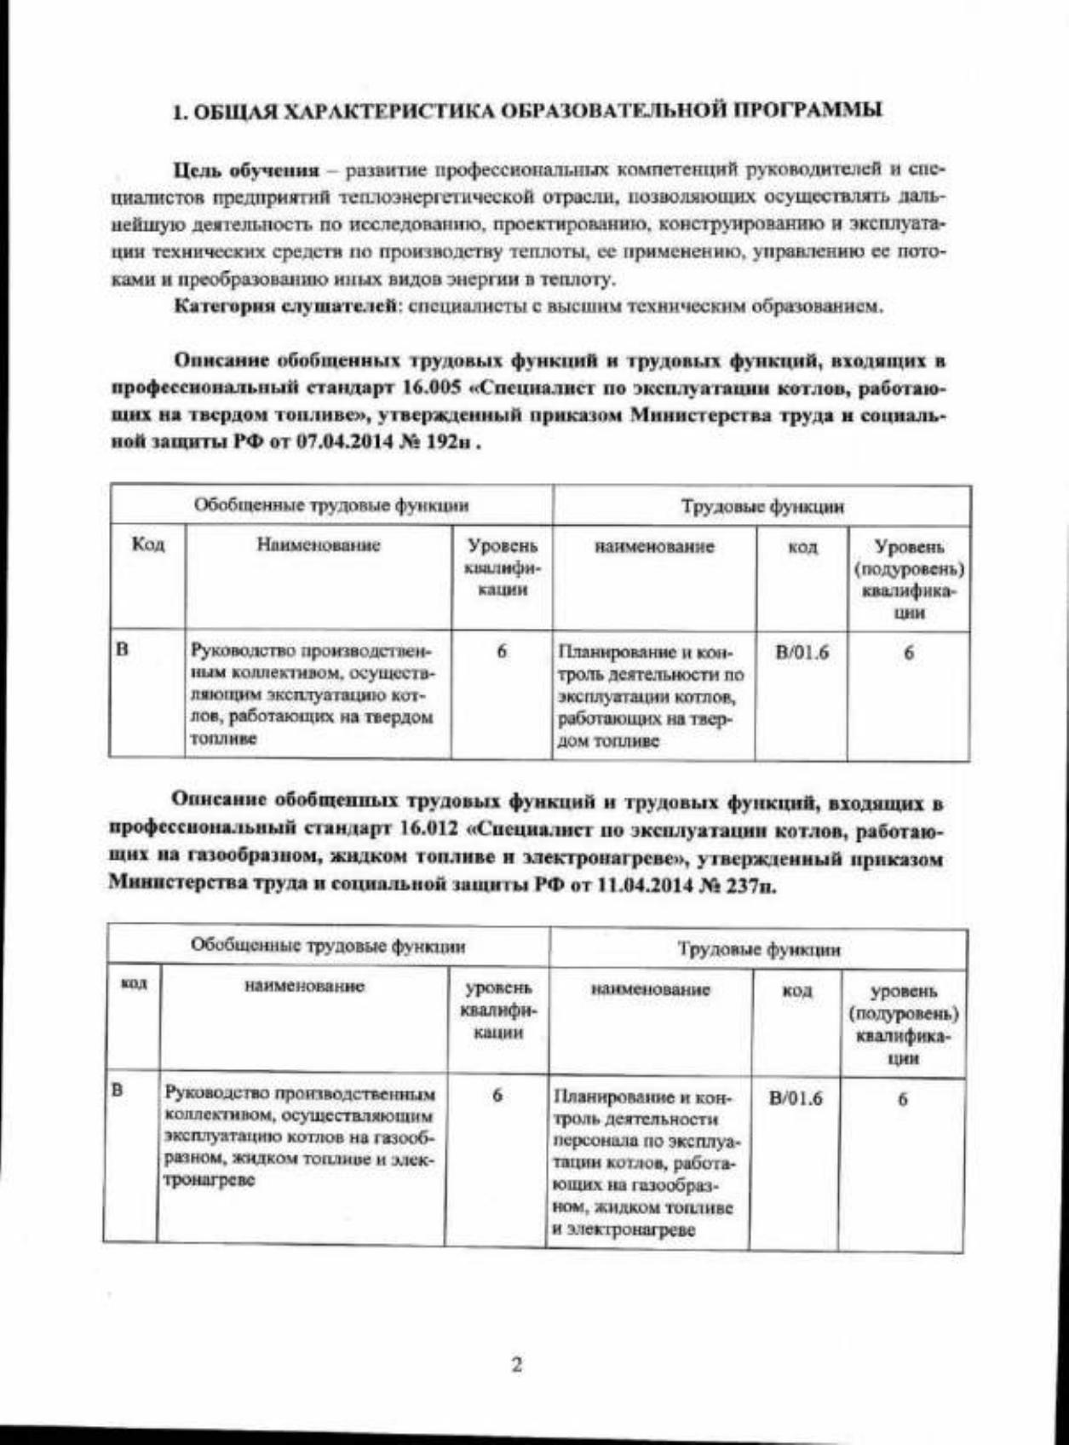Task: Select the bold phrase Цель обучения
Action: coord(246,170)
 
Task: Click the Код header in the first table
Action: coord(147,544)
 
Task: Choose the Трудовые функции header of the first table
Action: coord(762,507)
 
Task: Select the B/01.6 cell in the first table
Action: coord(802,653)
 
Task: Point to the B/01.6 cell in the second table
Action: coord(796,1097)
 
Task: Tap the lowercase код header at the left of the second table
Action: coord(131,984)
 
